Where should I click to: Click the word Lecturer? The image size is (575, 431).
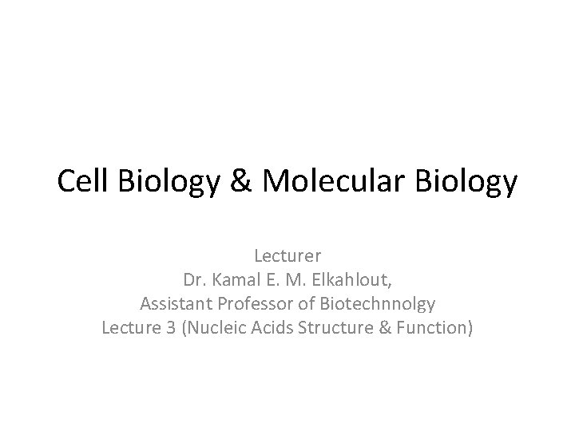tap(287, 257)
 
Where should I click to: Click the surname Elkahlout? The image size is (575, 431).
tap(347, 280)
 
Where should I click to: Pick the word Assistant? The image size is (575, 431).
tap(172, 303)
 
